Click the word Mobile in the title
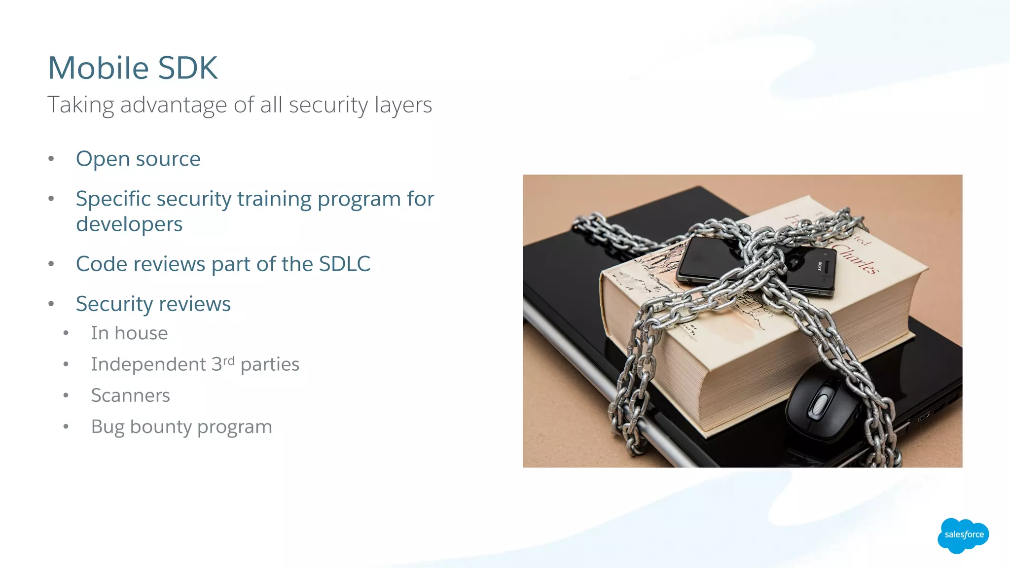[x=98, y=68]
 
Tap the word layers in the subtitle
[x=403, y=105]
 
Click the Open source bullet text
[x=138, y=159]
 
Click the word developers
[x=129, y=224]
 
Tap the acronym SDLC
[x=344, y=264]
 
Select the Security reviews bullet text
[x=153, y=304]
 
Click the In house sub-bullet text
[x=129, y=333]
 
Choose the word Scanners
[x=130, y=395]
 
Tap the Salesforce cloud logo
[x=963, y=535]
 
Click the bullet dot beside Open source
[x=51, y=159]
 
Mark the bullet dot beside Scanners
[x=66, y=395]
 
